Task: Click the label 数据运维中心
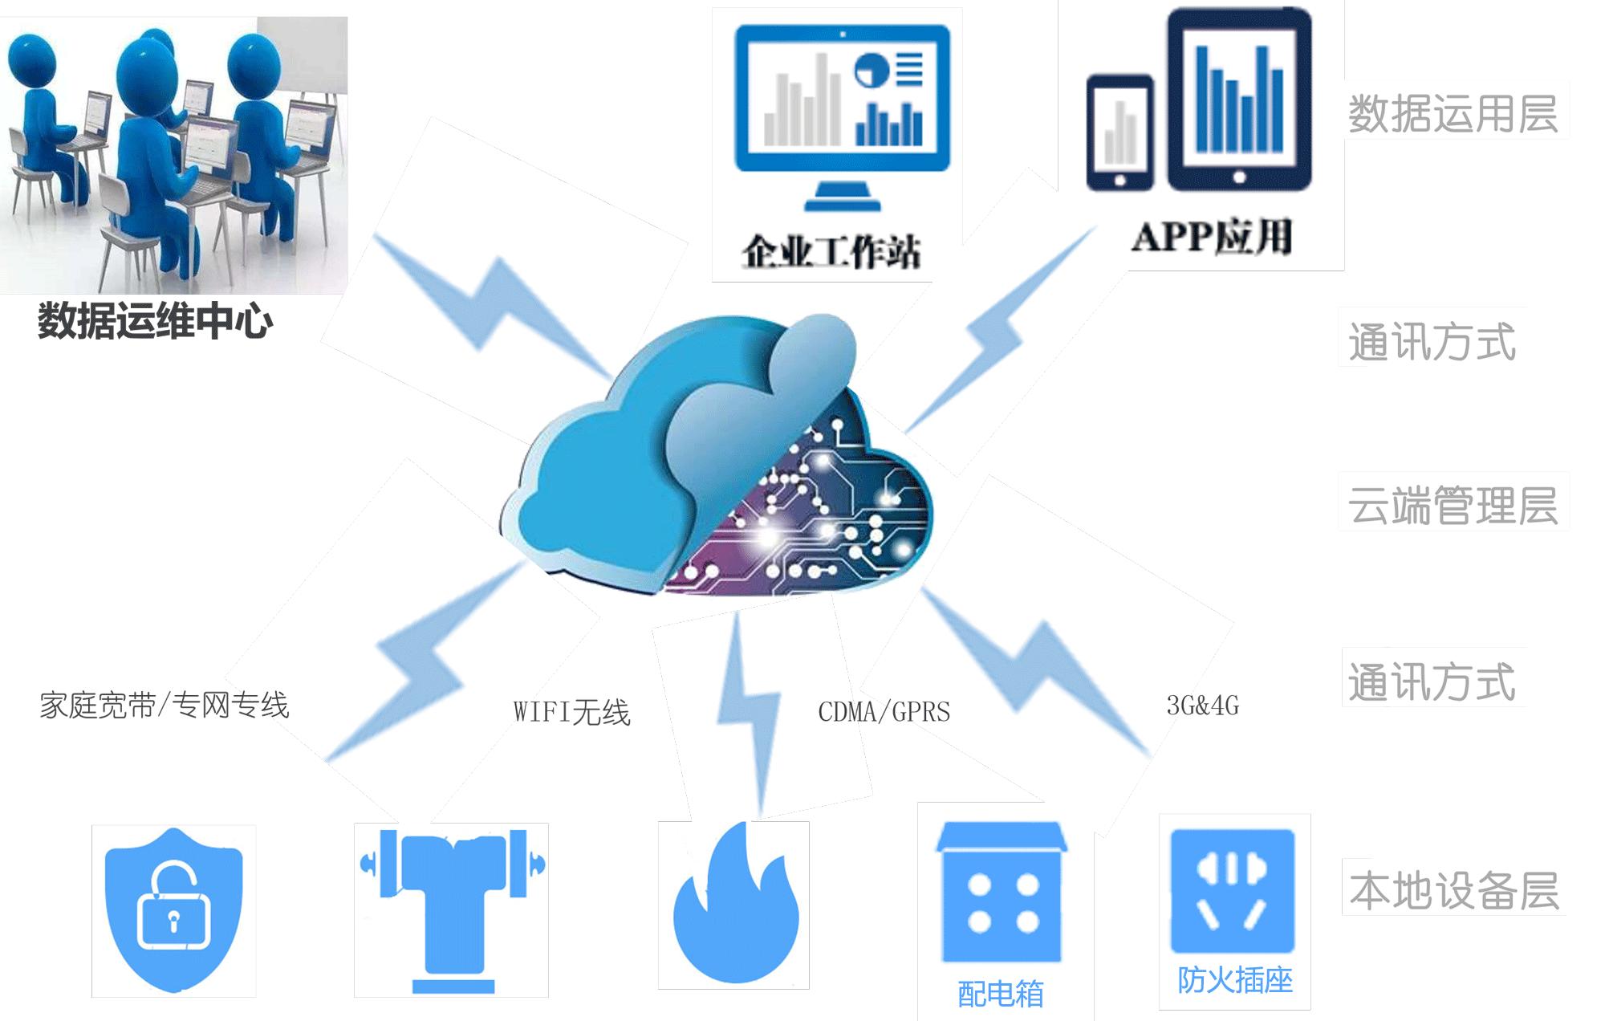tap(155, 321)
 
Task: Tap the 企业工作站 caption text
tap(831, 252)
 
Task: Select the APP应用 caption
tap(1212, 237)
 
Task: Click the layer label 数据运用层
tap(1453, 114)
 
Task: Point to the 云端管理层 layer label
tap(1453, 506)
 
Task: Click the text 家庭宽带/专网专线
tap(164, 706)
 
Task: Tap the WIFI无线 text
tap(571, 712)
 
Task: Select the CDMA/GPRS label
tap(884, 712)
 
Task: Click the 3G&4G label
tap(1202, 706)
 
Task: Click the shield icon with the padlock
tap(173, 911)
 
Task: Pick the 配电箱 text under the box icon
tap(1000, 995)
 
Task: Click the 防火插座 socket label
tap(1234, 980)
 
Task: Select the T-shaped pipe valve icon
tap(452, 907)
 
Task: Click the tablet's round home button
tap(1239, 177)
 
